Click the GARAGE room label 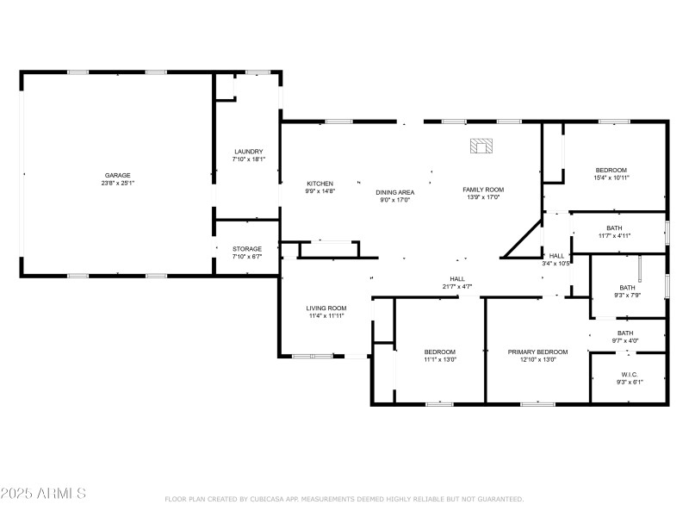(x=118, y=175)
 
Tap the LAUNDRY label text (x=248, y=152)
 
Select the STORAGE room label (x=247, y=249)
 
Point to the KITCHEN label (x=320, y=184)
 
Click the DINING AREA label (x=395, y=191)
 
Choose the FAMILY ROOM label (x=483, y=190)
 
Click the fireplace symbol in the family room (x=482, y=146)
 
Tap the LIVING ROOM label (x=326, y=308)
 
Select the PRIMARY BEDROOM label (x=537, y=352)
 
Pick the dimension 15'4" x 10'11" (x=611, y=178)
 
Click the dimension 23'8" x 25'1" (x=118, y=183)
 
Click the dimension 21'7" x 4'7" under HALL (x=456, y=286)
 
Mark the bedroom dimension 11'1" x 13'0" (x=439, y=359)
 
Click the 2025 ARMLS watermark (x=43, y=494)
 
